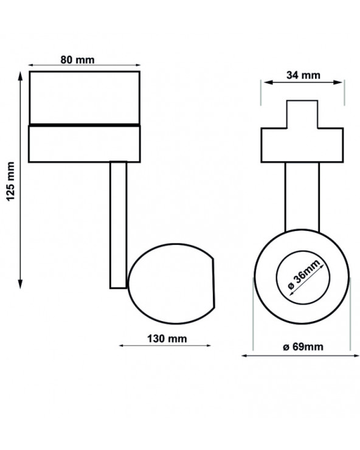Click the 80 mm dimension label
pyautogui.click(x=77, y=60)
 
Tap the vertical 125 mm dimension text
pyautogui.click(x=10, y=181)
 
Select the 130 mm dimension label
pyautogui.click(x=167, y=339)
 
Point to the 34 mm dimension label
pyautogui.click(x=303, y=75)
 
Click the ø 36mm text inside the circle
pyautogui.click(x=303, y=274)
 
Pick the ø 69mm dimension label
pyautogui.click(x=303, y=347)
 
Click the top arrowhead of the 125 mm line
pyautogui.click(x=20, y=75)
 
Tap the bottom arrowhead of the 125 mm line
pyautogui.click(x=20, y=284)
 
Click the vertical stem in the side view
pyautogui.click(x=119, y=225)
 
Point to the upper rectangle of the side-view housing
pyautogui.click(x=85, y=97)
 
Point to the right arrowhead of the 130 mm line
pyautogui.click(x=208, y=345)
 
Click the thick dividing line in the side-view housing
pyautogui.click(x=85, y=125)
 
